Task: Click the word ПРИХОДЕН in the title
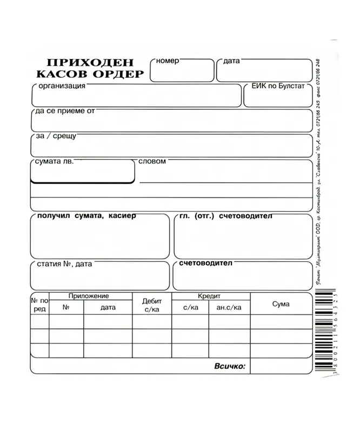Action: (90, 63)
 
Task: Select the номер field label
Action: (167, 61)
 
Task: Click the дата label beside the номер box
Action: (231, 61)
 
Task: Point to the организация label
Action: (61, 86)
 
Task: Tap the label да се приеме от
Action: (65, 111)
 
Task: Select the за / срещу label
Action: (56, 136)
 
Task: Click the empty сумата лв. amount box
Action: (82, 173)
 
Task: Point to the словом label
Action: (152, 161)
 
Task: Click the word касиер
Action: (122, 216)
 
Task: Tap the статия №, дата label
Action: (64, 264)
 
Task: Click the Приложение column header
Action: (89, 296)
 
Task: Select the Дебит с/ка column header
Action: (152, 305)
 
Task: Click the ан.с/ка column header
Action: (229, 307)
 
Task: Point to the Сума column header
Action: (281, 304)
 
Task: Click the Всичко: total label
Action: (230, 366)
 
